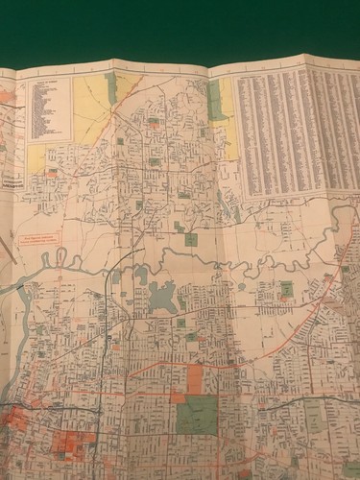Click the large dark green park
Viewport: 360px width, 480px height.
click(x=197, y=415)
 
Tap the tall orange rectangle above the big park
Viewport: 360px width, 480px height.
click(x=195, y=378)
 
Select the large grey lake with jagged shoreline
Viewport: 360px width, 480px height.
click(x=160, y=297)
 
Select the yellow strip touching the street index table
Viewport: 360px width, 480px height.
click(x=230, y=125)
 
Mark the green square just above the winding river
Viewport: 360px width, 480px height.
click(x=190, y=239)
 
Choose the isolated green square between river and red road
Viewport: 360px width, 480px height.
click(x=286, y=288)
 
